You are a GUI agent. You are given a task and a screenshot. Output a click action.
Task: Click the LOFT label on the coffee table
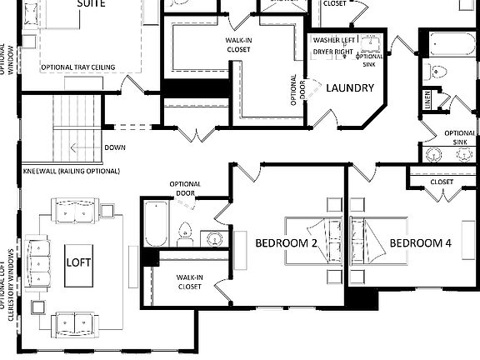(x=78, y=262)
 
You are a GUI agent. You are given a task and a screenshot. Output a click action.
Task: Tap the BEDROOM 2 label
(x=286, y=243)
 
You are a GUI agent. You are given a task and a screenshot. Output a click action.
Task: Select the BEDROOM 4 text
(x=421, y=243)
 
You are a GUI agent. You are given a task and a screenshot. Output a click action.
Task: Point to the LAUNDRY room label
(x=350, y=88)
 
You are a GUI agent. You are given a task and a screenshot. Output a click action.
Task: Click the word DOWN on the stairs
(x=115, y=147)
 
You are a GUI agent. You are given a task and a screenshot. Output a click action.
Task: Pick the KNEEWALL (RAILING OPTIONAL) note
(x=72, y=171)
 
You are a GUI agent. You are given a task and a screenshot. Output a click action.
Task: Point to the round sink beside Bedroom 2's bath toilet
(x=215, y=238)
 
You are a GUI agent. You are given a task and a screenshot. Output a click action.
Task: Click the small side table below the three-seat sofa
(x=37, y=307)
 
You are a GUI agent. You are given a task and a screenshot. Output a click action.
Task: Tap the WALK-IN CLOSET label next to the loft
(x=190, y=282)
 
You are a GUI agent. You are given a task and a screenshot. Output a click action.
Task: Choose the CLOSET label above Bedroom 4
(x=442, y=182)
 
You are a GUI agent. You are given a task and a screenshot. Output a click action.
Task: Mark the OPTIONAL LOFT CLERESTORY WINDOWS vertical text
(x=12, y=274)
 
